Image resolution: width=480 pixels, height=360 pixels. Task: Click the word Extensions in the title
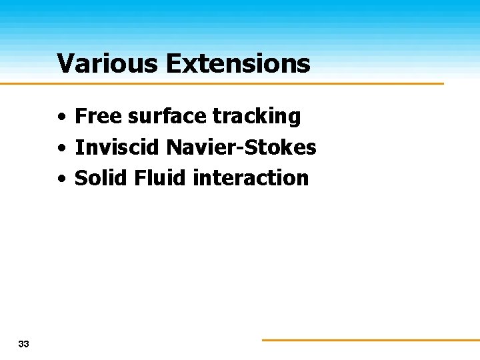(x=238, y=63)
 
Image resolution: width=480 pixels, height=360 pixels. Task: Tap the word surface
(x=167, y=116)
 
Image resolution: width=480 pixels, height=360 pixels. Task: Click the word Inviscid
(x=117, y=147)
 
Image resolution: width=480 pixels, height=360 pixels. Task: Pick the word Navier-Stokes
(x=241, y=147)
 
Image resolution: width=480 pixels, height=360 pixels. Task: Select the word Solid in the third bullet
(x=101, y=178)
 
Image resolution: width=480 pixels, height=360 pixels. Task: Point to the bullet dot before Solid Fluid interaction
(x=61, y=179)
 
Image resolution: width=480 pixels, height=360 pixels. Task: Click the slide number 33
(x=24, y=344)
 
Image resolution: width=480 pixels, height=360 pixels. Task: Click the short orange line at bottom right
(x=370, y=340)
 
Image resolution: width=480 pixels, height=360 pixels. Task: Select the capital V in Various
(x=65, y=63)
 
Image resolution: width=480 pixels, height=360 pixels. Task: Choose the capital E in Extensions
(x=173, y=63)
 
